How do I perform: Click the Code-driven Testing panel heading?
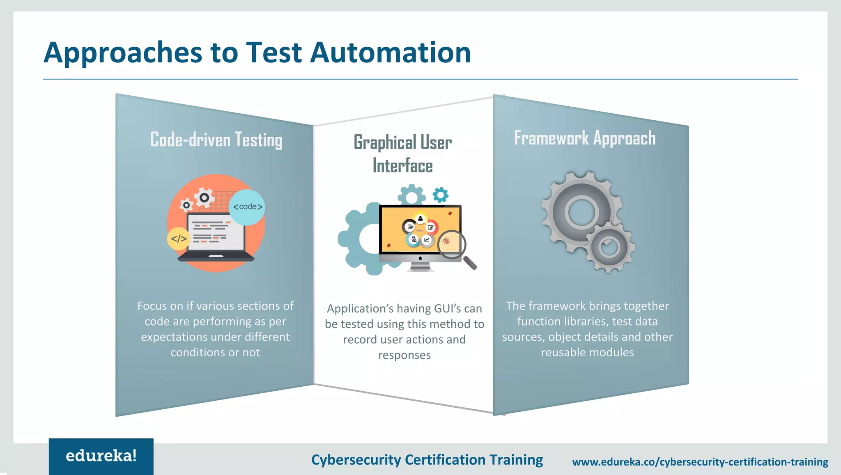pyautogui.click(x=216, y=140)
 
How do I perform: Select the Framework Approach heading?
pyautogui.click(x=585, y=138)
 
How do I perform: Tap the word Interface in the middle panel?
pyautogui.click(x=402, y=166)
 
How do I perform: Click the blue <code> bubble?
pyautogui.click(x=247, y=207)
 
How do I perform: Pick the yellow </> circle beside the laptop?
pyautogui.click(x=179, y=239)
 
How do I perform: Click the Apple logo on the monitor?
pyautogui.click(x=420, y=258)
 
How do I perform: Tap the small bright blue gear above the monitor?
pyautogui.click(x=441, y=195)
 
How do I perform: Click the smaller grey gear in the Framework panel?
pyautogui.click(x=609, y=247)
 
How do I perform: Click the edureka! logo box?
pyautogui.click(x=101, y=456)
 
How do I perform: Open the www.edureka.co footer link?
pyautogui.click(x=700, y=462)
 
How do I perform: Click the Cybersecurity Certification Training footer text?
pyautogui.click(x=427, y=460)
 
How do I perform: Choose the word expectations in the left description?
pyautogui.click(x=170, y=337)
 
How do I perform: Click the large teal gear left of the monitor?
pyautogui.click(x=361, y=239)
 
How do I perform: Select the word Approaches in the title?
pyautogui.click(x=123, y=53)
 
